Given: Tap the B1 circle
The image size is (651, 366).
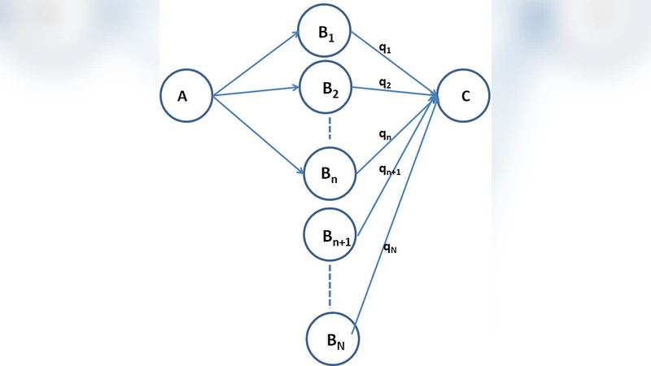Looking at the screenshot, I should point(324,33).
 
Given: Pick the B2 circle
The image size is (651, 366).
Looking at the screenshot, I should point(327,89).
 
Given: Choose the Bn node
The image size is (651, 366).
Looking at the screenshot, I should point(330,172).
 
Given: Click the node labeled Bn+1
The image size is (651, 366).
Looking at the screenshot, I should point(330,236).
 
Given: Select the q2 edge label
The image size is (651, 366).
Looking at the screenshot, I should point(386,83).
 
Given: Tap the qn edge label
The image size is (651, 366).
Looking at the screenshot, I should point(386,137).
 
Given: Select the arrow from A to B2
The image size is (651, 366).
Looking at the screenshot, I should point(256,92).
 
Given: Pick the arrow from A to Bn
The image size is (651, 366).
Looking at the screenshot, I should point(259,135).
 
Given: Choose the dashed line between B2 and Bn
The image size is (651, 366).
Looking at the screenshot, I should point(330,129).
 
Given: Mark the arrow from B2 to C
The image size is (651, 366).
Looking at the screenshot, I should point(395,92).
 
